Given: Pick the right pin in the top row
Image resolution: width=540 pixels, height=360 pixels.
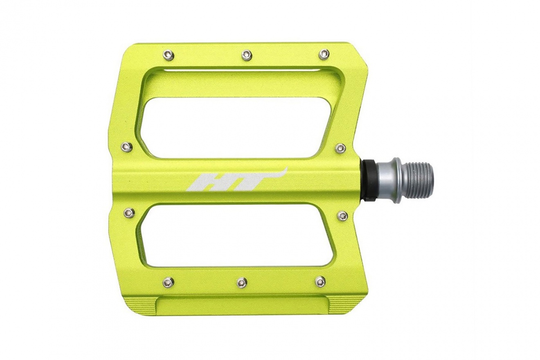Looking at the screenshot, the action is [324, 54].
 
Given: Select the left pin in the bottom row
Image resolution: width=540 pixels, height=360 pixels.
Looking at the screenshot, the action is [168, 282].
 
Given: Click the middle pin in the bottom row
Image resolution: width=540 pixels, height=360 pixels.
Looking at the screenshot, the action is [242, 283].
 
